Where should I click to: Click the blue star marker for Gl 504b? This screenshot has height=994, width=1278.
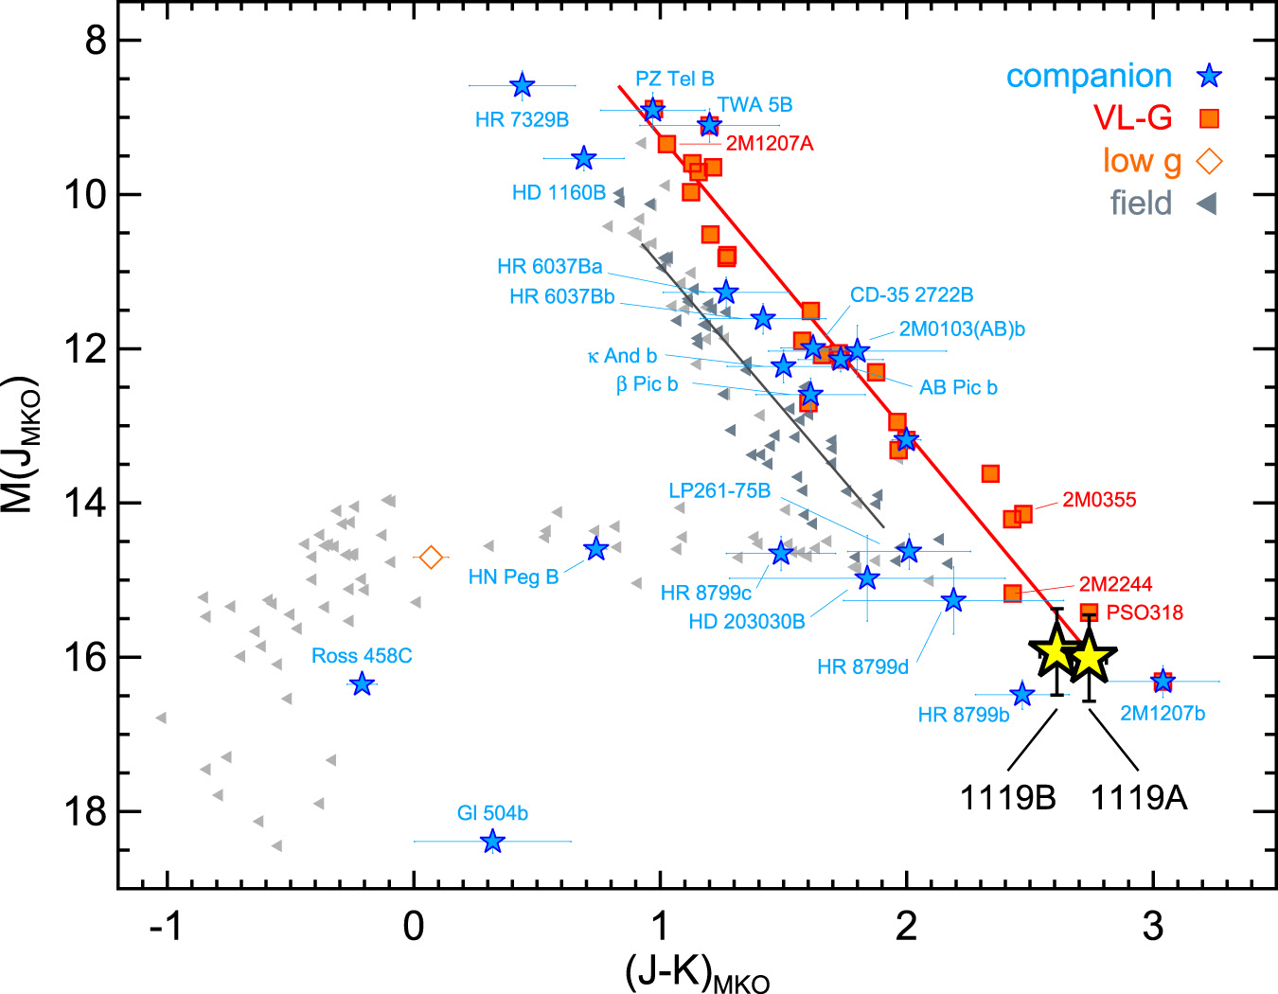pos(492,841)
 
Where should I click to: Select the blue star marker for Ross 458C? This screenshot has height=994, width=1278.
pos(362,683)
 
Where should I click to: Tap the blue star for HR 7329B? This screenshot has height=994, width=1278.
pos(522,85)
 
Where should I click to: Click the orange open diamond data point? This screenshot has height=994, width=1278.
pos(431,558)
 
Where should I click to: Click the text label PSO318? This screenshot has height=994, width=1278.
pos(1145,612)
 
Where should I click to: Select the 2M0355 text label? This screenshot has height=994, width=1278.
pos(1098,500)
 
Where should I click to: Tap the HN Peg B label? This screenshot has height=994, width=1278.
pos(513,577)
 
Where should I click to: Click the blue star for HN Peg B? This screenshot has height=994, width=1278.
pos(595,548)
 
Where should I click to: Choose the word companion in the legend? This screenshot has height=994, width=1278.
pos(1089,77)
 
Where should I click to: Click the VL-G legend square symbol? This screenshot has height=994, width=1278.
pos(1209,118)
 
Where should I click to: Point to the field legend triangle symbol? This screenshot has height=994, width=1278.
pos(1207,204)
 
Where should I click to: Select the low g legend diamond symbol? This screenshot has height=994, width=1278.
pos(1209,162)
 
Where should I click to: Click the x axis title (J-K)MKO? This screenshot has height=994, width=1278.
pos(698,973)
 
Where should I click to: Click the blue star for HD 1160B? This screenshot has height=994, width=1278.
pos(583,158)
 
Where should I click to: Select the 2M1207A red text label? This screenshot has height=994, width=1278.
pos(770,144)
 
